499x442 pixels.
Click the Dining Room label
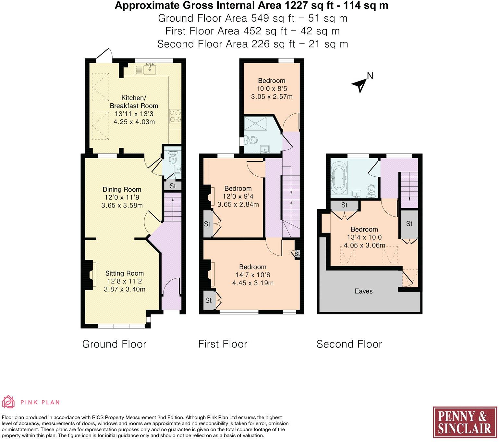122,189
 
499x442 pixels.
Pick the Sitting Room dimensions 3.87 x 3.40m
125,289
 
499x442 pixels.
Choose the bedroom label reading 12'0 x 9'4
238,196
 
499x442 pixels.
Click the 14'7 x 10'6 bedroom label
252,275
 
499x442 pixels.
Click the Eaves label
363,291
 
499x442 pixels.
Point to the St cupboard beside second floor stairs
409,224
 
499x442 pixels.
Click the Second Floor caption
349,344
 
